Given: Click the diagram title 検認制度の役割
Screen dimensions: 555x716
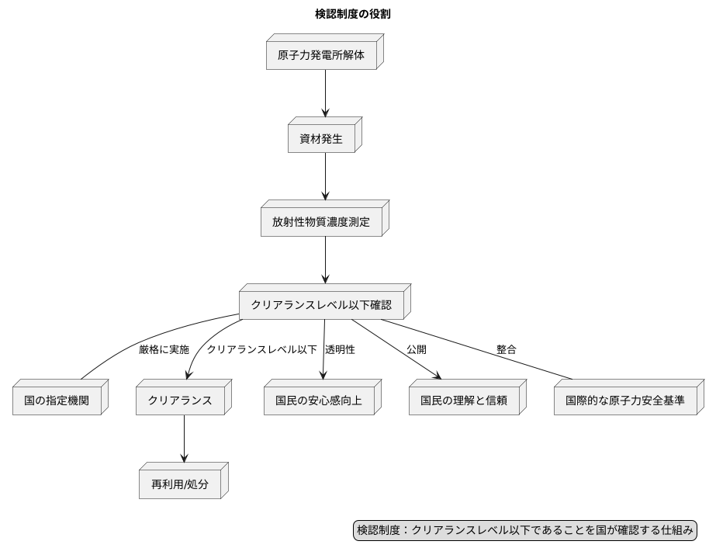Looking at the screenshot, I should [x=358, y=14].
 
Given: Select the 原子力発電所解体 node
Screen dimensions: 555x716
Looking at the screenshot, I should [x=321, y=56].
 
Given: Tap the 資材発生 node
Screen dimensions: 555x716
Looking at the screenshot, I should [x=321, y=140].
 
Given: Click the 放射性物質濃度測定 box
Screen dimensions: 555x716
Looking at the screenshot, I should [x=321, y=223].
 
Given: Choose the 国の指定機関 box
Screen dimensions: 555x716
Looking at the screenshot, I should [x=58, y=401].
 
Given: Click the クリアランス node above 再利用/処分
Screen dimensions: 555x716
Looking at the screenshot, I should [x=184, y=401].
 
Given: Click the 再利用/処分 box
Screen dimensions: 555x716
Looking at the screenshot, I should [x=184, y=485].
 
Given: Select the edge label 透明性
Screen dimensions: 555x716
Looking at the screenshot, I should [x=340, y=350].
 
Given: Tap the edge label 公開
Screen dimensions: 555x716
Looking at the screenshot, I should [x=417, y=350].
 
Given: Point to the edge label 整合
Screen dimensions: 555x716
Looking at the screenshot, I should [x=507, y=350].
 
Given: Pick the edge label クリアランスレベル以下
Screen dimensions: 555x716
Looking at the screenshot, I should [x=261, y=350].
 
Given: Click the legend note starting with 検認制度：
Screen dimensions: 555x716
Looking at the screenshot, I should [x=524, y=531].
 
